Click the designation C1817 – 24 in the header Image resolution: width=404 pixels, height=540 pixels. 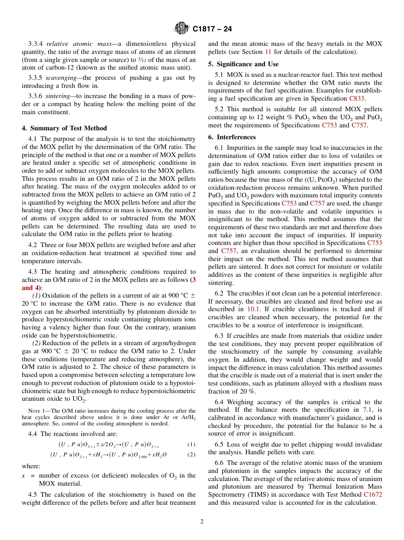[212, 29]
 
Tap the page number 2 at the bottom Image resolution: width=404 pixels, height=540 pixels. [202, 522]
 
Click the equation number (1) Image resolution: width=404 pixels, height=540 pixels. [191, 444]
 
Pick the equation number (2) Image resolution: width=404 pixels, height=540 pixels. [191, 455]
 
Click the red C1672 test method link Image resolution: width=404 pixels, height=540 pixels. [373, 495]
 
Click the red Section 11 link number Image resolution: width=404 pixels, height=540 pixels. [268, 52]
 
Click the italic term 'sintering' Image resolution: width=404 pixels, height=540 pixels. [57, 96]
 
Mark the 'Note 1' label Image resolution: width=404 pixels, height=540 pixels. [36, 411]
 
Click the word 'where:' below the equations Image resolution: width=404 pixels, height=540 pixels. [31, 466]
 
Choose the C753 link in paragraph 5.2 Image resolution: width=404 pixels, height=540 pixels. [330, 125]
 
